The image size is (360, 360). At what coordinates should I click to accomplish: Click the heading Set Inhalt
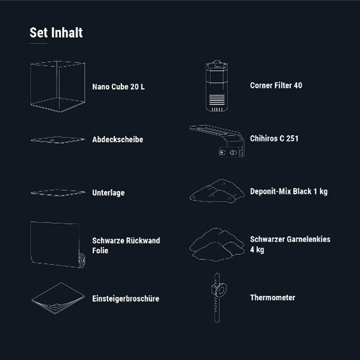pyautogui.click(x=56, y=33)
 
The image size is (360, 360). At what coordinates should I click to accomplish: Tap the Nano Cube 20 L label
pyautogui.click(x=118, y=87)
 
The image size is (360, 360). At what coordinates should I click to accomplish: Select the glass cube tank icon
pyautogui.click(x=58, y=86)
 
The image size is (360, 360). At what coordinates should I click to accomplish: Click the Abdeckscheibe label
pyautogui.click(x=118, y=139)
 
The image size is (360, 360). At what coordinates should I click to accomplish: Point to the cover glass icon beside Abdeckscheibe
pyautogui.click(x=58, y=140)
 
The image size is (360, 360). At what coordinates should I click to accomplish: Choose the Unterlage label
pyautogui.click(x=108, y=193)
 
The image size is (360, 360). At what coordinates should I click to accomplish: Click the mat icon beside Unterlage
pyautogui.click(x=58, y=193)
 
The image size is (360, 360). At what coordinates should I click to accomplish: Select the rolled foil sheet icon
pyautogui.click(x=58, y=244)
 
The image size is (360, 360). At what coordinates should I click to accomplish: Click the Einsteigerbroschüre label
pyautogui.click(x=126, y=298)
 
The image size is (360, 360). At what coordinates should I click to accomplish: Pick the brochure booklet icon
pyautogui.click(x=58, y=298)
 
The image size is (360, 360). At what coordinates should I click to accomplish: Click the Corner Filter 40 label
pyautogui.click(x=276, y=85)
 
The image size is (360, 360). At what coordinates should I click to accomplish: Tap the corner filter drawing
pyautogui.click(x=217, y=86)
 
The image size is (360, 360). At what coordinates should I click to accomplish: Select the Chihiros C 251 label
pyautogui.click(x=274, y=139)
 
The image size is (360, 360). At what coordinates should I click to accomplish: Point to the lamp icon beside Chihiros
pyautogui.click(x=217, y=141)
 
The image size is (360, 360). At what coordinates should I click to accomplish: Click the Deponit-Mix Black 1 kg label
pyautogui.click(x=289, y=192)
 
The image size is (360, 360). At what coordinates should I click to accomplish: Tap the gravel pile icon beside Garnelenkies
pyautogui.click(x=217, y=244)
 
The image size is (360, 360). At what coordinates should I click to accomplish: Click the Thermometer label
pyautogui.click(x=273, y=298)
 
